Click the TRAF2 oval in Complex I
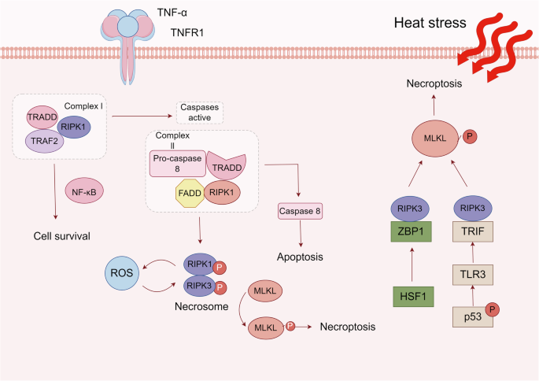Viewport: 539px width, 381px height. point(44,141)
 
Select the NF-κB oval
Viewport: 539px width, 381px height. point(84,191)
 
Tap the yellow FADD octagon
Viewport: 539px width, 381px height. point(190,193)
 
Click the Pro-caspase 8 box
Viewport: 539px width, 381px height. point(177,164)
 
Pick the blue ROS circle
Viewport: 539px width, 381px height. point(122,273)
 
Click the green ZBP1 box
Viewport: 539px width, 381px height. point(411,231)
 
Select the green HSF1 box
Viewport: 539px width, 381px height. point(413,297)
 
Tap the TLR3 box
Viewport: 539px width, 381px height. point(473,275)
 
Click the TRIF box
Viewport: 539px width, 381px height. point(473,231)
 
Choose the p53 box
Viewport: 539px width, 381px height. point(473,316)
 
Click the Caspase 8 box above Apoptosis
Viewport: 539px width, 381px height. point(300,211)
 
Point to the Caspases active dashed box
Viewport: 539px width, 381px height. point(200,113)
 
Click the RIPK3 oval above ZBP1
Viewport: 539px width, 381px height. point(410,209)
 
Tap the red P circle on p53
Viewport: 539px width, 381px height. point(493,310)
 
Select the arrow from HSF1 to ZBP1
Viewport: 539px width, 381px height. point(412,264)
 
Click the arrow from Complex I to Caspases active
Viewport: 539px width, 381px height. point(142,117)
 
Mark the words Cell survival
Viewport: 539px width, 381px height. point(62,236)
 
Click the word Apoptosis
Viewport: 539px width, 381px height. point(300,257)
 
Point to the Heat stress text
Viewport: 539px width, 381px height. point(430,23)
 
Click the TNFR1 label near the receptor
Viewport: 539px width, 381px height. point(187,32)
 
